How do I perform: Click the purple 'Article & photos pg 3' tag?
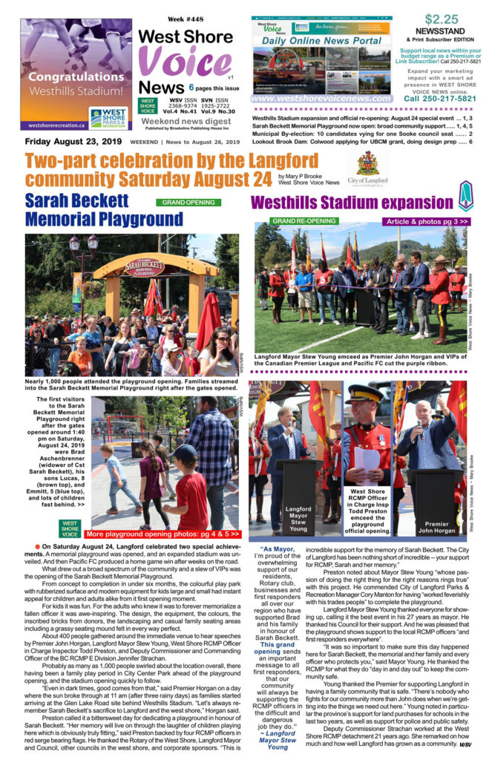click(x=426, y=221)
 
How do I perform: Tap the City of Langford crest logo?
click(x=367, y=166)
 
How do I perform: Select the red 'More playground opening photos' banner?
click(x=163, y=534)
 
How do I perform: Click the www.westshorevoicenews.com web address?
click(x=322, y=98)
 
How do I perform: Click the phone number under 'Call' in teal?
click(x=440, y=99)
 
